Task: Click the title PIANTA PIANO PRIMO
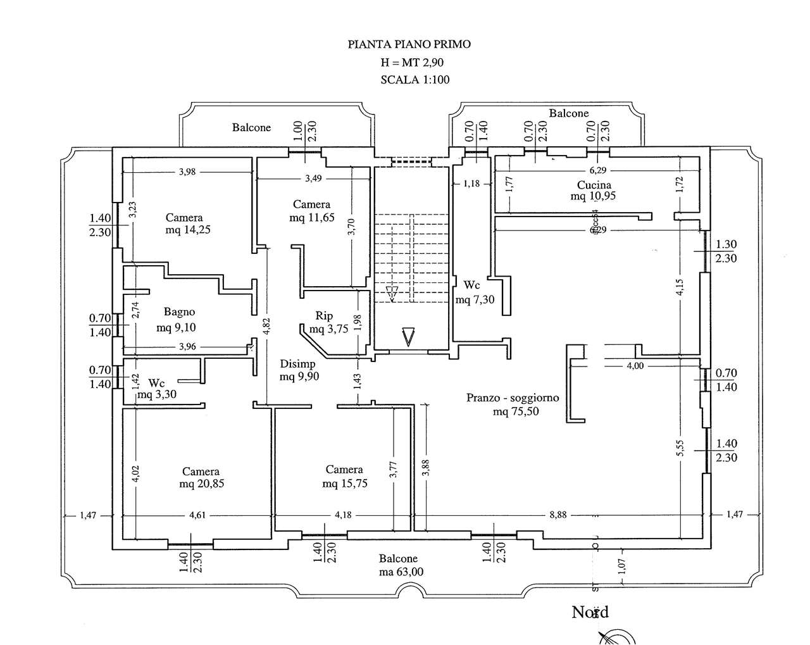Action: click(x=409, y=44)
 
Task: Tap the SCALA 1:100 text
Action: click(x=414, y=80)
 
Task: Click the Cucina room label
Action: click(x=594, y=185)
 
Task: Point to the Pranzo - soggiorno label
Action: click(x=513, y=398)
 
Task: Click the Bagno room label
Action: click(x=179, y=311)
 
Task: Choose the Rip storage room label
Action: click(x=324, y=316)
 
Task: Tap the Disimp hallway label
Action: click(x=297, y=364)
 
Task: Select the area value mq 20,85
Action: click(x=202, y=484)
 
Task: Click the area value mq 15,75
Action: click(x=345, y=484)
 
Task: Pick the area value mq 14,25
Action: click(x=188, y=230)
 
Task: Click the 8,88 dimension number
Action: click(x=558, y=515)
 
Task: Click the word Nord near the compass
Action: click(x=590, y=612)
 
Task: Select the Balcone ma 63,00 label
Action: click(x=399, y=565)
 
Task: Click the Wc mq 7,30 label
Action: click(x=475, y=292)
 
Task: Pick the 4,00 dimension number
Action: click(x=635, y=365)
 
